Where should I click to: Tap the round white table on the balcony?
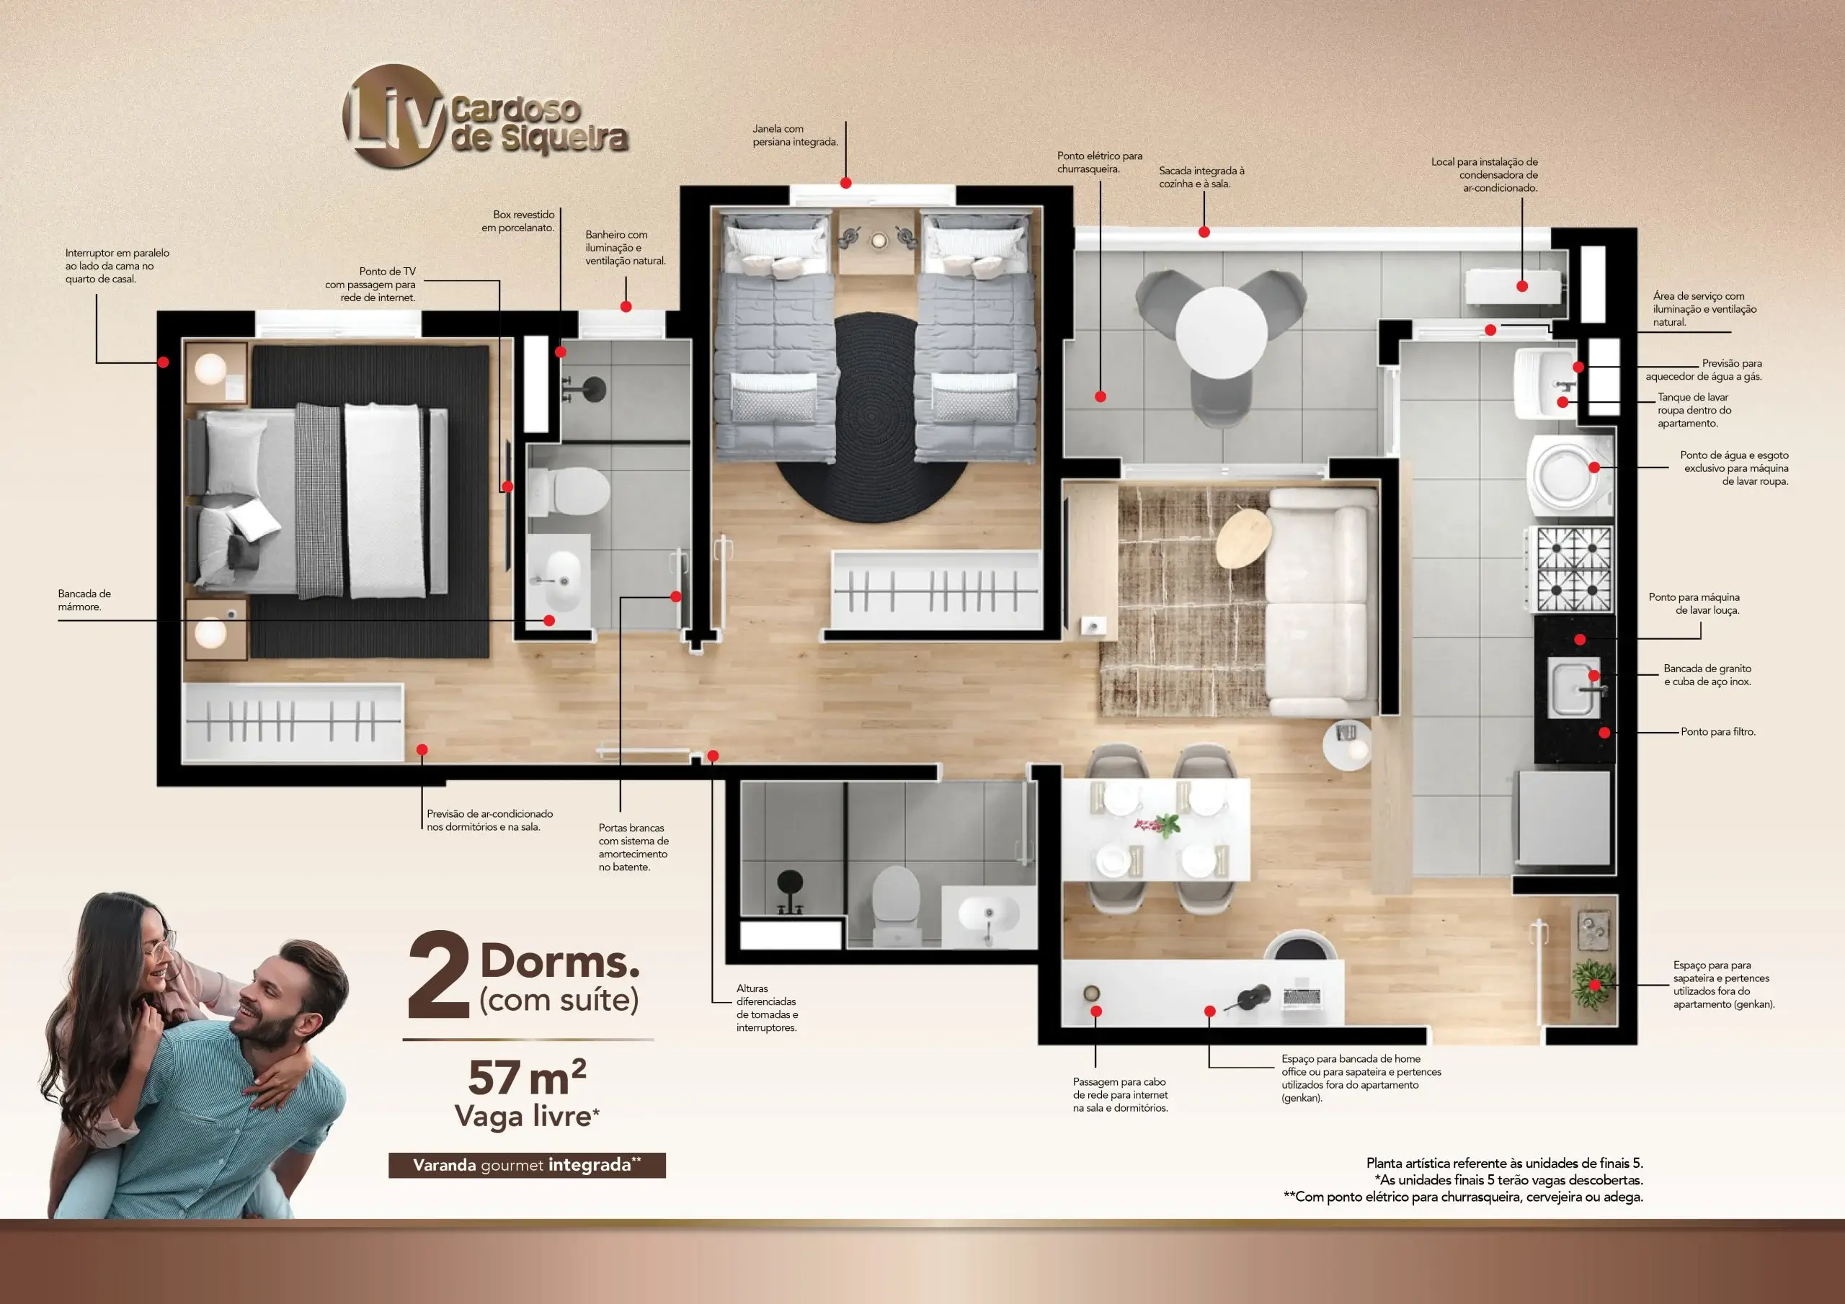(x=1222, y=333)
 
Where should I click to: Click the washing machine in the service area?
(x=1572, y=475)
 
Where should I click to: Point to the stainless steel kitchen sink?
(x=1574, y=688)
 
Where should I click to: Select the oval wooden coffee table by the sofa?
(x=1243, y=537)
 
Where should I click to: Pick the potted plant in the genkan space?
(x=1591, y=985)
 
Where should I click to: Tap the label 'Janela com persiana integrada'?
(x=795, y=135)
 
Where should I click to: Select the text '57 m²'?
(x=527, y=1078)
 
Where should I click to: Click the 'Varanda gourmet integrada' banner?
(x=527, y=1165)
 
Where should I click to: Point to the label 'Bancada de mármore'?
(x=84, y=600)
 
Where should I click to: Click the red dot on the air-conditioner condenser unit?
(x=1522, y=286)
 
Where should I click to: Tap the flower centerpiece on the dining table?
(x=1158, y=824)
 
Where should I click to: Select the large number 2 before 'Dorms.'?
(x=438, y=975)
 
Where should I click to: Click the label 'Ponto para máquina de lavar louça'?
(x=1694, y=604)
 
